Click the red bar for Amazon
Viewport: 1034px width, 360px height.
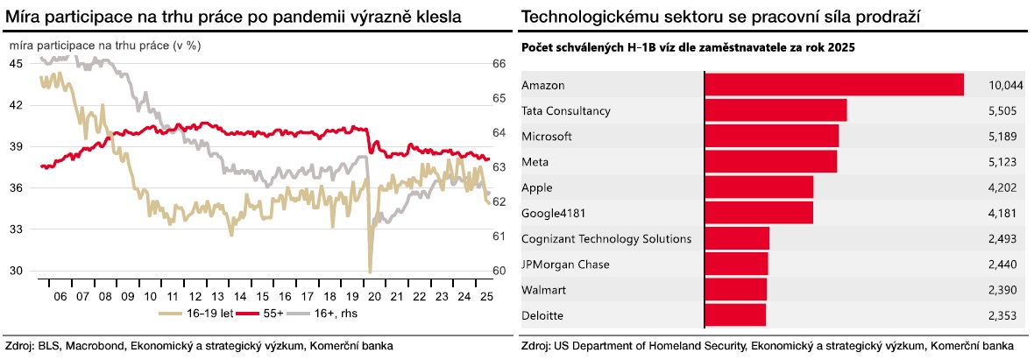[x=834, y=85]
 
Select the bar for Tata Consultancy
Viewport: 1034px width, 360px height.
[x=775, y=110]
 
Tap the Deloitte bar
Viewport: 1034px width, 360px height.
[x=735, y=314]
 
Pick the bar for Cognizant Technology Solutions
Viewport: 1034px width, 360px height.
[x=737, y=238]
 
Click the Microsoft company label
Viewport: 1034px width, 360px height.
[x=546, y=137]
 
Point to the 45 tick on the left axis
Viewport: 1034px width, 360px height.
[x=17, y=64]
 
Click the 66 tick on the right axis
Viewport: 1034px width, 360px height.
[x=499, y=64]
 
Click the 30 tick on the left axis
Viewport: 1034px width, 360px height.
[x=17, y=271]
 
